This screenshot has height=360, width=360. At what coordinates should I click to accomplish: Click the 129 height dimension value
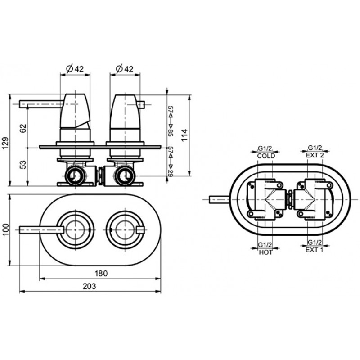click(5, 143)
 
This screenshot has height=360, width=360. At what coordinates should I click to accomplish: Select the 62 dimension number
click(23, 128)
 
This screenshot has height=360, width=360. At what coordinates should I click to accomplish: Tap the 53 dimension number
click(23, 164)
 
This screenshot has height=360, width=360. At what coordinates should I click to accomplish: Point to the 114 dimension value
click(185, 135)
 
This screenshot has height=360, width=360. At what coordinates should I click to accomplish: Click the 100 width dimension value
click(5, 229)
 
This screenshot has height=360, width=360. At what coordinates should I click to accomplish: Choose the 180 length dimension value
click(101, 274)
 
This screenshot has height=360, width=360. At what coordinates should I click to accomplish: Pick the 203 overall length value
click(90, 286)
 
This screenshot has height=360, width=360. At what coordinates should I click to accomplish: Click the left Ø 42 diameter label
click(75, 68)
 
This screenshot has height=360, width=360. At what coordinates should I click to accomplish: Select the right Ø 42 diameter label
click(125, 68)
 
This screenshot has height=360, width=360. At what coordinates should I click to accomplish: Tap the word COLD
click(266, 156)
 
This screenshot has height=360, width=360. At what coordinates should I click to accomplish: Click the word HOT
click(265, 252)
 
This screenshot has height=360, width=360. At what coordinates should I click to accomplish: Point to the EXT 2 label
click(315, 155)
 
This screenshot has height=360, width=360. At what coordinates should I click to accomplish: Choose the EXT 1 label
click(314, 250)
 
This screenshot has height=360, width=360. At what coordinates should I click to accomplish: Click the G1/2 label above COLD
click(265, 148)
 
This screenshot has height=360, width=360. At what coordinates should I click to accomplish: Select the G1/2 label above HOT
click(265, 245)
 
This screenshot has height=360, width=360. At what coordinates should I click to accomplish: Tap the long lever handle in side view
click(41, 104)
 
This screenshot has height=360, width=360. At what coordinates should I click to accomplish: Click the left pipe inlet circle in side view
click(75, 176)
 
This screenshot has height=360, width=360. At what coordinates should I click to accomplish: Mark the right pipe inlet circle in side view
click(125, 176)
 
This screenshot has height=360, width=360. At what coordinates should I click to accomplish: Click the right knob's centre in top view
click(125, 229)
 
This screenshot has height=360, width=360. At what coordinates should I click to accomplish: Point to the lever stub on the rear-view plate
click(219, 199)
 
